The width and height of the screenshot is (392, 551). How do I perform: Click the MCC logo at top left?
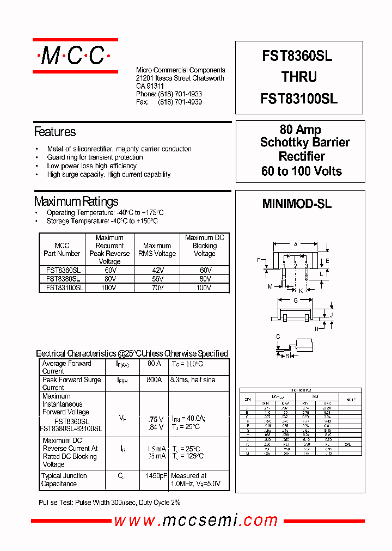[75, 56]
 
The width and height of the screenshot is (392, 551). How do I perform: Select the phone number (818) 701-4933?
[180, 94]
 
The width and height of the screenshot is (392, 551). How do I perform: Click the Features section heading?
[55, 132]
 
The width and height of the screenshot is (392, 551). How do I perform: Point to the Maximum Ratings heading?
[76, 201]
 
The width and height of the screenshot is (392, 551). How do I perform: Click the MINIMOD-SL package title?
[297, 204]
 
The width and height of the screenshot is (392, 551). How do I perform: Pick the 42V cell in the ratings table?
[157, 270]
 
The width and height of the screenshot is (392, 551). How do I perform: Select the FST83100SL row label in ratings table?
[62, 287]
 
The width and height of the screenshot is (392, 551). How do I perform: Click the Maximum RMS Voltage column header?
[157, 249]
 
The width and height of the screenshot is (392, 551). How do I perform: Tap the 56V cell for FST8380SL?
[157, 279]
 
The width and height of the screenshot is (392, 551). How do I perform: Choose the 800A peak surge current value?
[154, 380]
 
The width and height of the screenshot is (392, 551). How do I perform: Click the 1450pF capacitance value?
[156, 476]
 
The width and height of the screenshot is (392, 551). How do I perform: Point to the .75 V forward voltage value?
[155, 419]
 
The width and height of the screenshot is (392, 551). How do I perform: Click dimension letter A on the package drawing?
[296, 244]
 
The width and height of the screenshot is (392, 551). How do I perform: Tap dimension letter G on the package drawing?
[296, 301]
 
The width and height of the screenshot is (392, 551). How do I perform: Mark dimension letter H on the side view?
[316, 329]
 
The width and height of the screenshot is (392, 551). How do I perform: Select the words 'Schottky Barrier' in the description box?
[305, 143]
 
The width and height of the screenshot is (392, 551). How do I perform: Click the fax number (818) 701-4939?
[180, 102]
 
